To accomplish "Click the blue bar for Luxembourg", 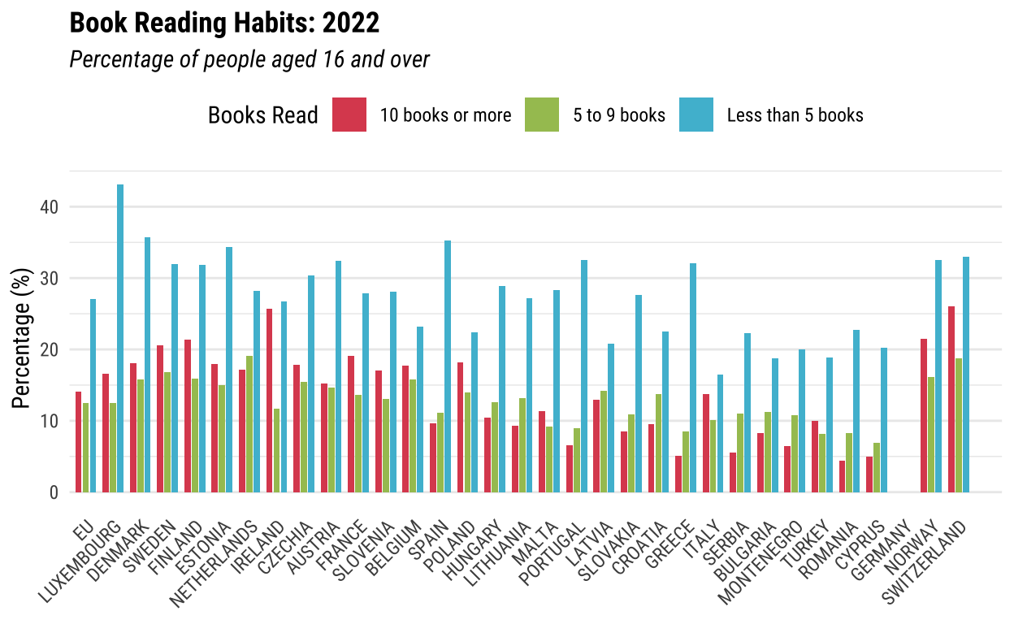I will [120, 338].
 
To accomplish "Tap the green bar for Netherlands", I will [249, 423].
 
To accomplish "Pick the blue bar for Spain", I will [447, 366].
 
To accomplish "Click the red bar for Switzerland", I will [951, 399].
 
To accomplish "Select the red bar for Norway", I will [924, 415].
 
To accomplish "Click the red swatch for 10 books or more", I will [349, 115].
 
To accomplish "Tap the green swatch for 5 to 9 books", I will [542, 115].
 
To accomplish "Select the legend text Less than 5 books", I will [795, 115].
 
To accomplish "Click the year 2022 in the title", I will [351, 24].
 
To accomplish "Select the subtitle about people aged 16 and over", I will [249, 59].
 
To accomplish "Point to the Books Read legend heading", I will [262, 115].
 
